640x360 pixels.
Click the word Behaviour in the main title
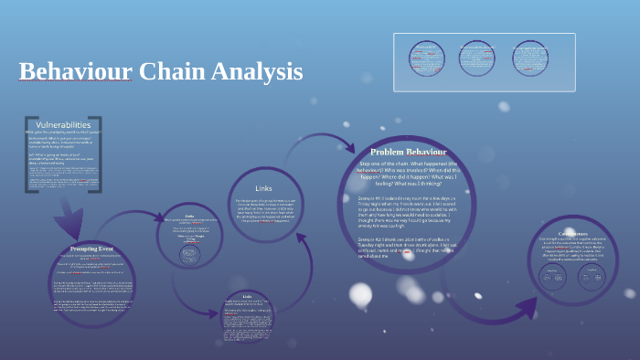point(76,71)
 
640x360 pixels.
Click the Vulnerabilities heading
point(63,124)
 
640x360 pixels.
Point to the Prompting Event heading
point(91,249)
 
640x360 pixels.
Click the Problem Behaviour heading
point(409,152)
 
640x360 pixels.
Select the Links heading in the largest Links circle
point(264,188)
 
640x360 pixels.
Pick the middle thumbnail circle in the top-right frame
point(478,59)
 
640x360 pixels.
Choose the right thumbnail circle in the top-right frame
point(531,59)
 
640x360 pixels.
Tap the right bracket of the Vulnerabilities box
point(98,154)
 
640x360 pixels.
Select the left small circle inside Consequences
point(553,276)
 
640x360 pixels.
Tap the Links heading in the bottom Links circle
point(247,297)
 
